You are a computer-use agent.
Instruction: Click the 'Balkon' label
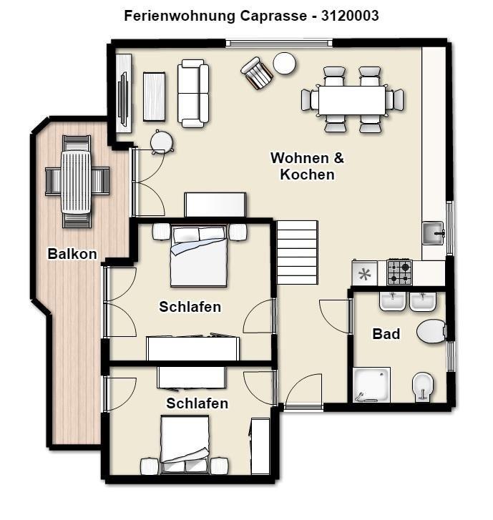tap(72, 254)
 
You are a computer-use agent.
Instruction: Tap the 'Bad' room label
tap(386, 334)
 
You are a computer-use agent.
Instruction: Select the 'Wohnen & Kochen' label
tap(307, 166)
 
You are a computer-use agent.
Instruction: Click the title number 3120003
tap(350, 16)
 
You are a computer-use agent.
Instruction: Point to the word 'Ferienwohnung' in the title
tap(180, 16)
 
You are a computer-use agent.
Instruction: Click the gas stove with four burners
tap(399, 273)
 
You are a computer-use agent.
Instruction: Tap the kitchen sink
tap(433, 233)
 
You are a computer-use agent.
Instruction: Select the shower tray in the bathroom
tap(371, 385)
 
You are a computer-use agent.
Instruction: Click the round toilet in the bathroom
tap(431, 331)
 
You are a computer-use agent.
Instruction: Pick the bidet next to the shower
tap(422, 386)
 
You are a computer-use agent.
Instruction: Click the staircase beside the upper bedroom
tap(297, 252)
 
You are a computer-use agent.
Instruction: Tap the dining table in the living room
tap(352, 100)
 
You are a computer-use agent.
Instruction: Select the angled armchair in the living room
tap(257, 73)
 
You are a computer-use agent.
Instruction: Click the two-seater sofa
tap(193, 94)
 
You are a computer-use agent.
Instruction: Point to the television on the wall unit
tap(123, 99)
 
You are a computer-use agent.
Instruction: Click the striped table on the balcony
tap(76, 182)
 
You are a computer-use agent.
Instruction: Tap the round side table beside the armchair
tap(284, 63)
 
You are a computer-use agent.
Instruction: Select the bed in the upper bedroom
tap(199, 255)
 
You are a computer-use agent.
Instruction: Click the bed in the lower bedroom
tap(185, 444)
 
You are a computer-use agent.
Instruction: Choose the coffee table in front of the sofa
tap(154, 97)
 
